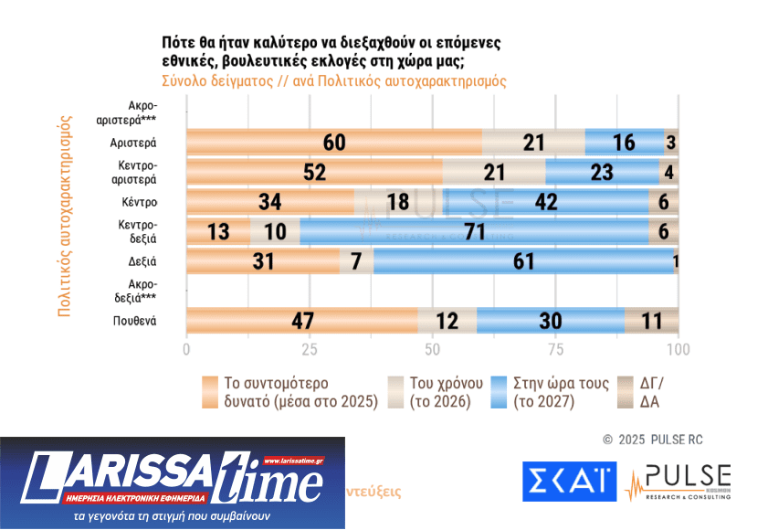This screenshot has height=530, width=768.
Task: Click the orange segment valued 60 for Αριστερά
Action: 334,143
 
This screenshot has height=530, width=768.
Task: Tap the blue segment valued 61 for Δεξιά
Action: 523,262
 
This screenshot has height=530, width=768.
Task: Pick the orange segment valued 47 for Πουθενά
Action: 302,322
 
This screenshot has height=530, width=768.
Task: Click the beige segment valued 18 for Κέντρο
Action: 398,202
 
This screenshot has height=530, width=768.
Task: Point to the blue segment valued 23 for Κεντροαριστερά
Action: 602,172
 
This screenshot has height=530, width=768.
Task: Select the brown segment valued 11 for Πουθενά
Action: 651,322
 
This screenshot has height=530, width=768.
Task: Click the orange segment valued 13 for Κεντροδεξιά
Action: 218,232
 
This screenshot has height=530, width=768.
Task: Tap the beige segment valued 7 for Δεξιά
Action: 356,262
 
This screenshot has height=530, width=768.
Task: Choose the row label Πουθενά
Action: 135,322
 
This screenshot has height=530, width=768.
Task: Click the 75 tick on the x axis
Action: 555,350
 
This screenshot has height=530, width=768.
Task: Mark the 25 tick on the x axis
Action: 310,350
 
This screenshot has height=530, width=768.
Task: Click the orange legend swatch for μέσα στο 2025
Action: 208,392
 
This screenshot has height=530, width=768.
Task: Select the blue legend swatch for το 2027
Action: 499,392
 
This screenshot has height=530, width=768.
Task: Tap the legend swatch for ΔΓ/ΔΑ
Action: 627,392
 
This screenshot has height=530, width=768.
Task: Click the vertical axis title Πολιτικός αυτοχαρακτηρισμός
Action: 65,216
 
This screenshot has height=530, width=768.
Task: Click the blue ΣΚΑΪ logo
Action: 569,482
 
